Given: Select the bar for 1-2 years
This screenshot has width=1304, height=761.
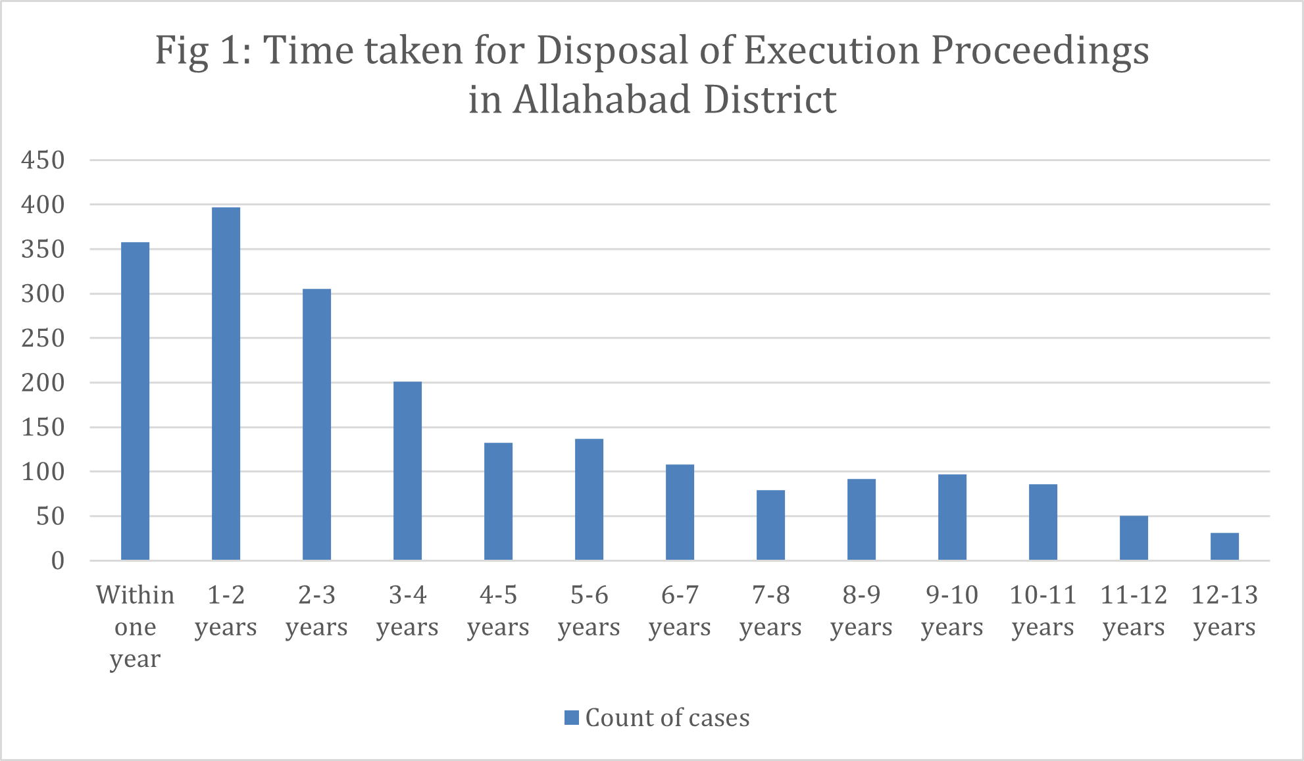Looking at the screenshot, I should click(x=226, y=384).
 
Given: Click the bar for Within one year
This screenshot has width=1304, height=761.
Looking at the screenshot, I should click(x=135, y=401).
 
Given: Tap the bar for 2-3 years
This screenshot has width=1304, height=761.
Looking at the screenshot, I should click(x=316, y=425).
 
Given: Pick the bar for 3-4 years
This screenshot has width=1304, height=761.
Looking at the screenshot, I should click(x=407, y=471).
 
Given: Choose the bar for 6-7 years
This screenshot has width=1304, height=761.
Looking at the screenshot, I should click(x=680, y=512).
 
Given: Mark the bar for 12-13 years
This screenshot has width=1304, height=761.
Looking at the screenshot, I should click(x=1224, y=547).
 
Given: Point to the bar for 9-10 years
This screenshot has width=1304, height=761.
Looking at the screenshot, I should click(x=952, y=517).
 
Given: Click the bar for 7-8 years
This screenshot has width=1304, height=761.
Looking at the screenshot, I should click(x=770, y=525).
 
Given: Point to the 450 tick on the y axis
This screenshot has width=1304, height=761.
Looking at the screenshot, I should click(x=43, y=160).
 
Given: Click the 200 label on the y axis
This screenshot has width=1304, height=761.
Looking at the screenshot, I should click(x=43, y=383).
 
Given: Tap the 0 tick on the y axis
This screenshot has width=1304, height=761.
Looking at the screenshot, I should click(x=58, y=561).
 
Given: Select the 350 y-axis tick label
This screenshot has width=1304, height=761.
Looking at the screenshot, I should click(x=43, y=249).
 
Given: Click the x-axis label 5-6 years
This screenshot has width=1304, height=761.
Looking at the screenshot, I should click(x=589, y=610).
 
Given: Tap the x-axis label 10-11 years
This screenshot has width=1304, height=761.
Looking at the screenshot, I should click(x=1043, y=610).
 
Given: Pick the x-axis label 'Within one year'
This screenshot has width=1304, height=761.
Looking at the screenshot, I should click(x=135, y=626).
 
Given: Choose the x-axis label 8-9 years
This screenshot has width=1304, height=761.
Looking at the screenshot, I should click(x=861, y=610).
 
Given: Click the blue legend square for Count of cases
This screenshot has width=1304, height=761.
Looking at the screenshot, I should click(x=571, y=718).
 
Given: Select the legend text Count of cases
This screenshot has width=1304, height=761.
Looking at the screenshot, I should click(x=667, y=718).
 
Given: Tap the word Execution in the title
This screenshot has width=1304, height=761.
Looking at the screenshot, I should click(x=832, y=50).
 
